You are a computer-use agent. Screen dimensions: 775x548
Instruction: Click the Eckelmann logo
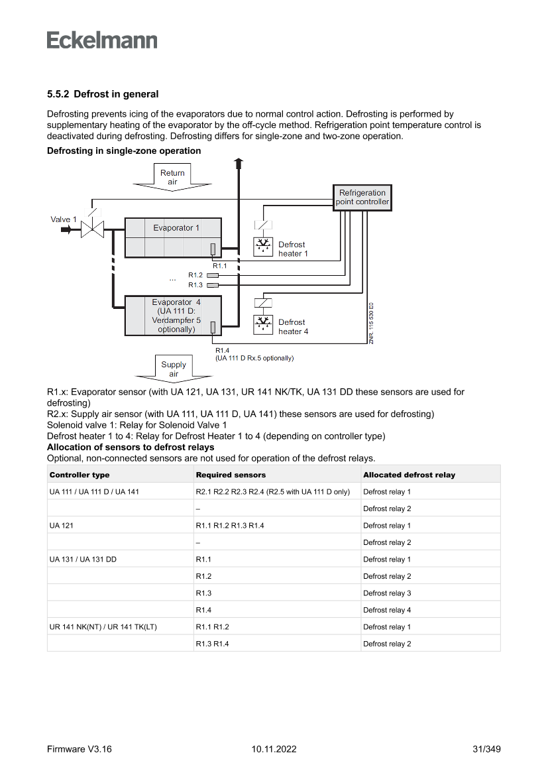click(102, 40)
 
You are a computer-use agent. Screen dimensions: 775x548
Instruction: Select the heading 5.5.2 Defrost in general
click(103, 94)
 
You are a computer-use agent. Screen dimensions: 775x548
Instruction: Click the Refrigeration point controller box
click(362, 198)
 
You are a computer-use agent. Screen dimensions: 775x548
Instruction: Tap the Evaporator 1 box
click(173, 237)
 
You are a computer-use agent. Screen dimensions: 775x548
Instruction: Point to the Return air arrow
click(172, 178)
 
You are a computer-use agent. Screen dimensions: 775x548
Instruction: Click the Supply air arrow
click(174, 369)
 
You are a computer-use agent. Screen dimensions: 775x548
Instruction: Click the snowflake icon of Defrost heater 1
click(264, 247)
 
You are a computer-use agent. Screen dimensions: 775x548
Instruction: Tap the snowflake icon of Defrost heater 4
click(264, 324)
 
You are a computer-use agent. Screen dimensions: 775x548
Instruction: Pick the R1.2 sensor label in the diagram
click(195, 274)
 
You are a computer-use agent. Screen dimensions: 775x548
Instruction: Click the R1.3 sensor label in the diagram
click(195, 285)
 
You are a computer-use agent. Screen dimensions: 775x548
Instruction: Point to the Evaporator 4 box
click(173, 316)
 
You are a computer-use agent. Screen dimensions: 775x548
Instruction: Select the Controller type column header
click(80, 475)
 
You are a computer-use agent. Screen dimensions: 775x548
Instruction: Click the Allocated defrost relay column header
click(409, 475)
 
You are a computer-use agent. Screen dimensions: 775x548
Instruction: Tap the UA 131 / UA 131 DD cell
click(83, 560)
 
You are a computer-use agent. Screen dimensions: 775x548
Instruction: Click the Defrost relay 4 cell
click(387, 610)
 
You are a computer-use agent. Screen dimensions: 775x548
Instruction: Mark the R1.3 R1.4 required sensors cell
click(212, 644)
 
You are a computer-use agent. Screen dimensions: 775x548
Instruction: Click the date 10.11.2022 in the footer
click(274, 749)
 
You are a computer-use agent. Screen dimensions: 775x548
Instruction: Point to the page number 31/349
click(486, 749)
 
